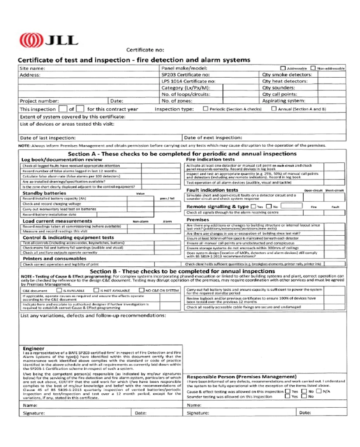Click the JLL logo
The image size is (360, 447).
coord(48,41)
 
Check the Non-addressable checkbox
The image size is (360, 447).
coord(313,68)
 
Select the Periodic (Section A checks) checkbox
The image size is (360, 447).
coord(206,109)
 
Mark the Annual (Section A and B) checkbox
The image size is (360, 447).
coord(274,109)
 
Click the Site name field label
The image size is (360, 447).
coord(33,69)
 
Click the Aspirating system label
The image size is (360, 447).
coord(284,100)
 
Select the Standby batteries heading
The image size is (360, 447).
coord(44,193)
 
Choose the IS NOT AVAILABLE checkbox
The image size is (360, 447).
coord(96,290)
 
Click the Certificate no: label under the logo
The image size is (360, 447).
coord(145,50)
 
